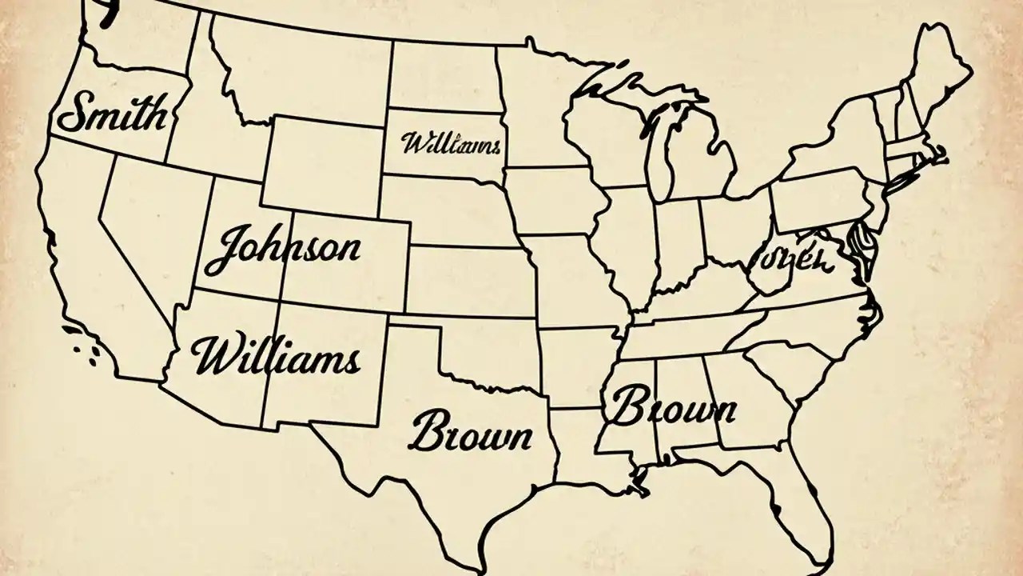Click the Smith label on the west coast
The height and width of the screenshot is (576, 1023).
pyautogui.click(x=112, y=114)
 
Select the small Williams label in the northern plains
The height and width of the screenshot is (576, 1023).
pyautogui.click(x=451, y=145)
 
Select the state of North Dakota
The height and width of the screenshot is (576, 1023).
pyautogui.click(x=442, y=76)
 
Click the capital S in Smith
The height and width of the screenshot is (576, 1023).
pyautogui.click(x=74, y=114)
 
